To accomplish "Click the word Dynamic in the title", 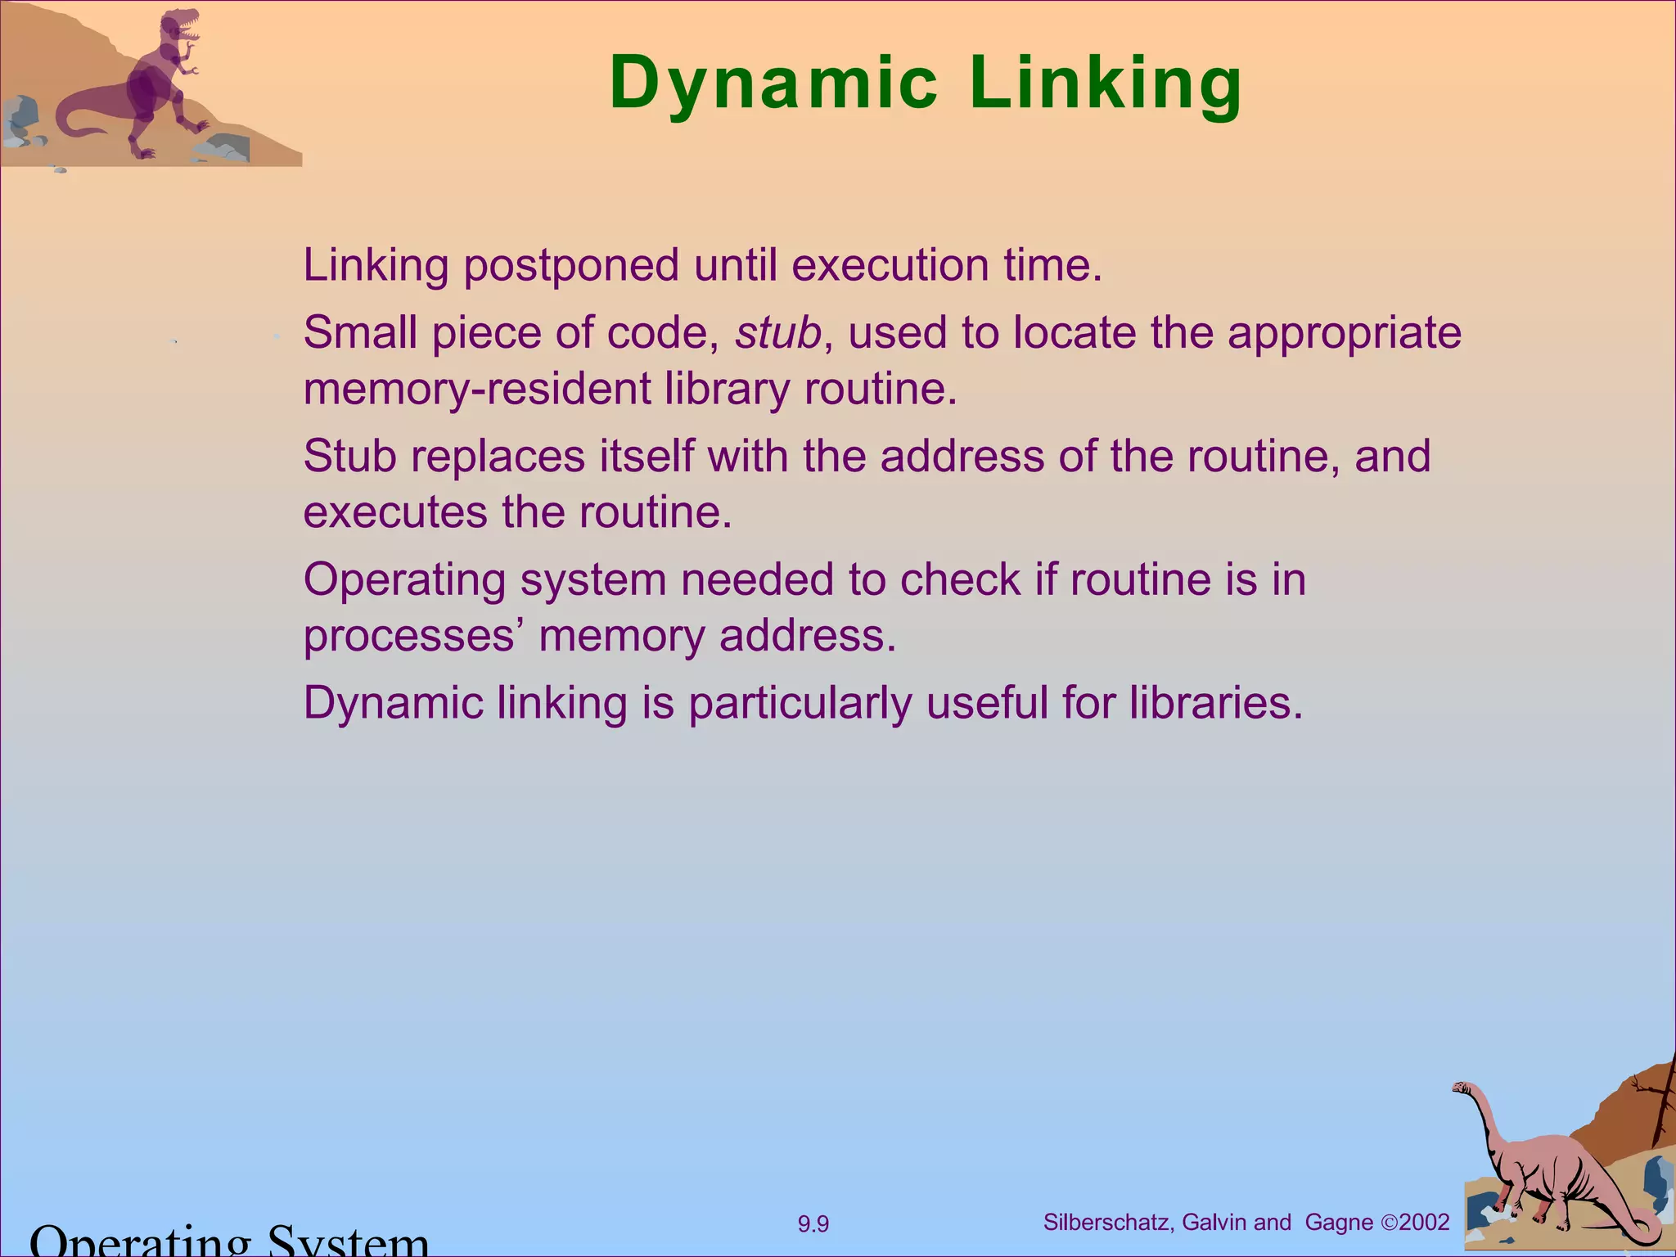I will (773, 84).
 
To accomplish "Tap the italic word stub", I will (777, 333).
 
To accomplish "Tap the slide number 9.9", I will (813, 1224).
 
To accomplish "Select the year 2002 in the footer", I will (1424, 1223).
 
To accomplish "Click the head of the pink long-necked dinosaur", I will (1462, 1088).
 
